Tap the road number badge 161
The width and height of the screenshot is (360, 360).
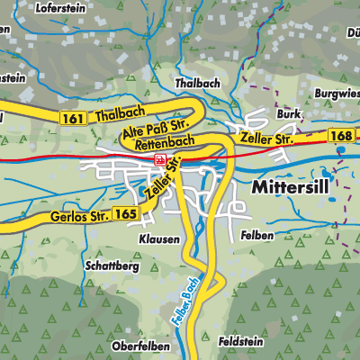point(75,118)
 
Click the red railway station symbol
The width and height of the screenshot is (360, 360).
point(160,159)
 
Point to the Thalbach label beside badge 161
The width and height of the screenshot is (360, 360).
point(112,118)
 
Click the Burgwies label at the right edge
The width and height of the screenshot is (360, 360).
point(337,93)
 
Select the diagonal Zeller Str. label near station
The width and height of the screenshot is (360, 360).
point(162,181)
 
